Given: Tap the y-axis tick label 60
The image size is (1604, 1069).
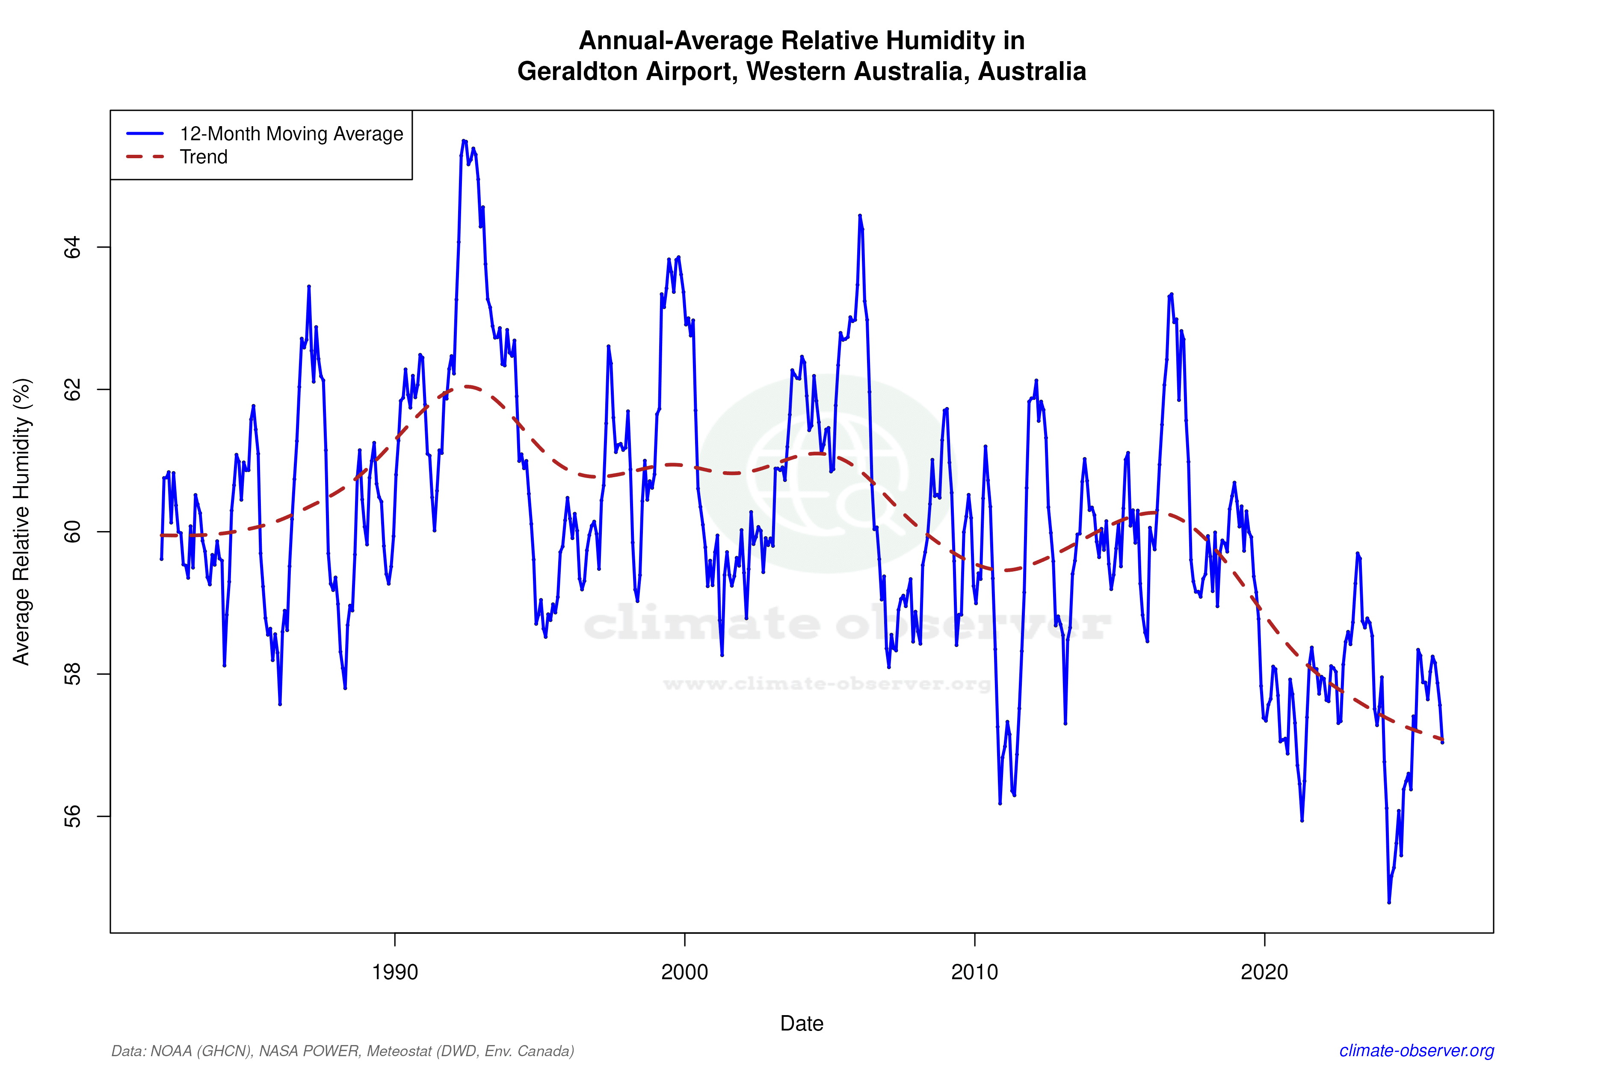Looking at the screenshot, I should click(x=71, y=532).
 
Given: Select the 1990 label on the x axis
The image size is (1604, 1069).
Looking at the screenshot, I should click(x=395, y=972).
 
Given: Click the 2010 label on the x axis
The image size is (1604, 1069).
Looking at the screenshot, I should click(x=974, y=972).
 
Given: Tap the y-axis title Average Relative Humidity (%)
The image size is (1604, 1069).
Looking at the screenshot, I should click(x=22, y=522).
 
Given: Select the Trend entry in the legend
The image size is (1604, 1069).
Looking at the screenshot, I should click(x=203, y=157).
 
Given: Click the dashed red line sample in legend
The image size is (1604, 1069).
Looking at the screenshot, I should click(x=145, y=157).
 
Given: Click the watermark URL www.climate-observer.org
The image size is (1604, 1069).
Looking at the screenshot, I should click(x=826, y=684).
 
